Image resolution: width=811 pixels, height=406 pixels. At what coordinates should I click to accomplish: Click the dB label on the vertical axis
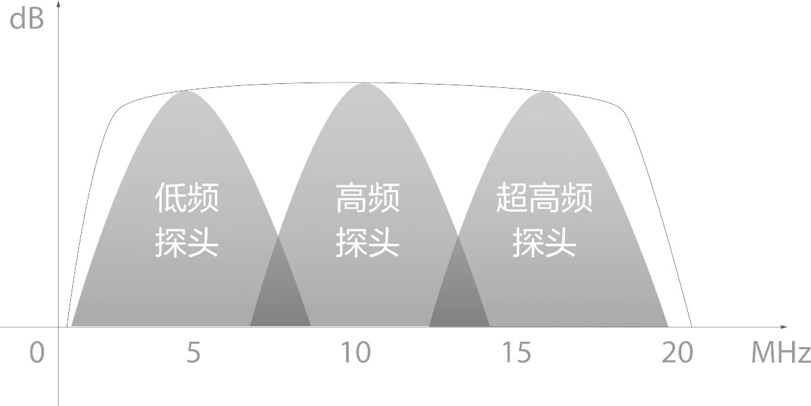(x=26, y=18)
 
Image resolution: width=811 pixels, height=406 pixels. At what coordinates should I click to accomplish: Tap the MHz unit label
(x=781, y=352)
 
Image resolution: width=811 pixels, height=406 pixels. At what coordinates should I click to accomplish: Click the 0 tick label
(x=36, y=353)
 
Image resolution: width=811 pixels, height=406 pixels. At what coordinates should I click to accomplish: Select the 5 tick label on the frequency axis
(x=193, y=353)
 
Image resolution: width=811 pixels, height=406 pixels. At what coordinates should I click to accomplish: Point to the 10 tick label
(x=356, y=353)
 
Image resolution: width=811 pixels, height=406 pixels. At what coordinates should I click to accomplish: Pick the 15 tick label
(x=516, y=353)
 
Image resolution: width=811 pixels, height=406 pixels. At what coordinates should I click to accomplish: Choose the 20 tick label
(x=677, y=353)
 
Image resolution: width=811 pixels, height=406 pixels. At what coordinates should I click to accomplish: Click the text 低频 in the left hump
(x=187, y=198)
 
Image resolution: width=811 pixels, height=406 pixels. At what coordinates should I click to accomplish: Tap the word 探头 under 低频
(x=187, y=242)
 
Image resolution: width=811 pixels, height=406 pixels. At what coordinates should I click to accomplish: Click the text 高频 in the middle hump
(x=368, y=198)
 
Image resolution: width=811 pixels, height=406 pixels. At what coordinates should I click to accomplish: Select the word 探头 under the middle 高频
(x=368, y=242)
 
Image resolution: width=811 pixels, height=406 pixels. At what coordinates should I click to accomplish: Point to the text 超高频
(x=544, y=198)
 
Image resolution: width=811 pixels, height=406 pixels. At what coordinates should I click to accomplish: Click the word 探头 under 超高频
(x=544, y=242)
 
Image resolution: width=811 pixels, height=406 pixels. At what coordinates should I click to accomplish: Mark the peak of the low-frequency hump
(x=187, y=91)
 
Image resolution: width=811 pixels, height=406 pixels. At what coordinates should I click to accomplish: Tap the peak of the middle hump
(x=365, y=83)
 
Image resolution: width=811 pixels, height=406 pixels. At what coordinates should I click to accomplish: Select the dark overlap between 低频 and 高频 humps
(x=280, y=294)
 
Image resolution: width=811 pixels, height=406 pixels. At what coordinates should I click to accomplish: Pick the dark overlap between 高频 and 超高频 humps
(x=459, y=294)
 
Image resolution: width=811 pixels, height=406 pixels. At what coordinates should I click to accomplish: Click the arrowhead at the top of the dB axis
(x=58, y=4)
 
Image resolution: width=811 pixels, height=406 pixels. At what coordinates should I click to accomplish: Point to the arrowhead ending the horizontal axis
(x=783, y=327)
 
